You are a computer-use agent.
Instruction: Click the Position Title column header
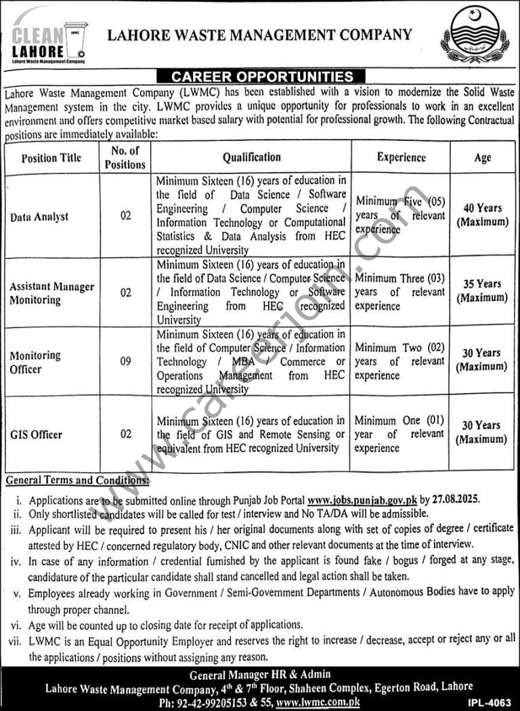(51, 158)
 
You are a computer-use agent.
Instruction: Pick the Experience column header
(401, 157)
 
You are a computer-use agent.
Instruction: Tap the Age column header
(482, 158)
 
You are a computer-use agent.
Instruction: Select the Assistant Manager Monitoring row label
(52, 293)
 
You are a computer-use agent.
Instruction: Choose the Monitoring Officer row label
(35, 362)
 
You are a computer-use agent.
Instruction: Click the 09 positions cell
(125, 361)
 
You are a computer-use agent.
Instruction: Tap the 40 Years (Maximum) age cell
(482, 215)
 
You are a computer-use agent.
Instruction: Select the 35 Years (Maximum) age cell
(482, 291)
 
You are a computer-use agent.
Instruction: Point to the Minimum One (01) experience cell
(400, 434)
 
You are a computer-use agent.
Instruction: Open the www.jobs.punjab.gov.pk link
(362, 500)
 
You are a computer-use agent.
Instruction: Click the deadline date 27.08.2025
(456, 500)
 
